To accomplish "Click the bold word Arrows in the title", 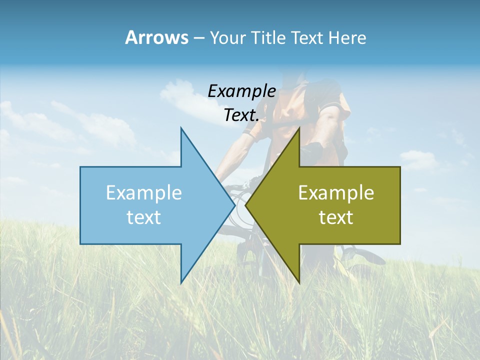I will (x=156, y=37).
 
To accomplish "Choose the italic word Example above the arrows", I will (x=241, y=91).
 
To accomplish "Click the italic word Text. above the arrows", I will (x=241, y=115).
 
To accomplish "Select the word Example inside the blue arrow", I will (x=144, y=192).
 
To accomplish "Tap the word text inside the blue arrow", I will (x=144, y=217).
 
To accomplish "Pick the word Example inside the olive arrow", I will (x=336, y=192).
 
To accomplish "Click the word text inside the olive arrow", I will (x=336, y=217).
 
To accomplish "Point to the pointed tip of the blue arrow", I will (x=234, y=205).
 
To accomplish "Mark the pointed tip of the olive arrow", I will (x=246, y=205).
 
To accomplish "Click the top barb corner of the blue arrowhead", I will (x=181, y=128).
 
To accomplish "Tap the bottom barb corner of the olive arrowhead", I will (x=299, y=283).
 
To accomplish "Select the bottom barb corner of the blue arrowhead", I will (x=181, y=283).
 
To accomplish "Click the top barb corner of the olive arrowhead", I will (x=299, y=128).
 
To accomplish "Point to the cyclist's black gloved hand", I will (x=314, y=149).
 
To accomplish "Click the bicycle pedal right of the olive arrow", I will (x=367, y=256).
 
